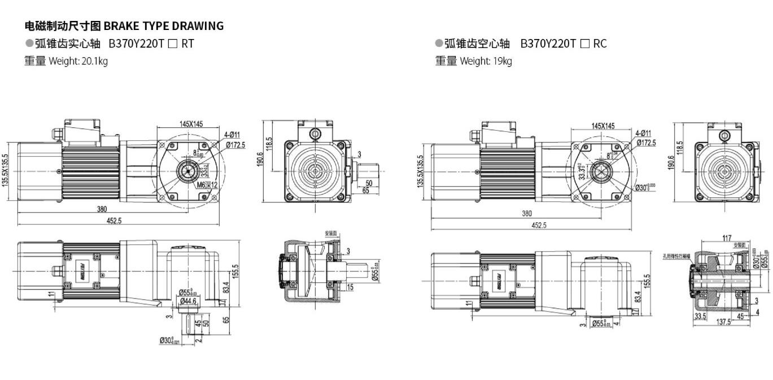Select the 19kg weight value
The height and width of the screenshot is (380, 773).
pyautogui.click(x=502, y=61)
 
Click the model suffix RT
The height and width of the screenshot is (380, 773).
pyautogui.click(x=187, y=44)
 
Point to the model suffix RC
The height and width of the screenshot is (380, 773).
pyautogui.click(x=600, y=44)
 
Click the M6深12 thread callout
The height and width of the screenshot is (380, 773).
pyautogui.click(x=207, y=184)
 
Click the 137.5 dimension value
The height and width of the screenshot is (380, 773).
pyautogui.click(x=723, y=322)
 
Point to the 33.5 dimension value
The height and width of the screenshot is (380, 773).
pyautogui.click(x=700, y=316)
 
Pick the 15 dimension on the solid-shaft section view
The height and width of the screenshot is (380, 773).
pyautogui.click(x=350, y=287)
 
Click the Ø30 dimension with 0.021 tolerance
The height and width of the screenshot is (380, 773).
pyautogui.click(x=170, y=340)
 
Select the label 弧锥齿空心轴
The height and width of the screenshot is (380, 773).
pyautogui.click(x=477, y=44)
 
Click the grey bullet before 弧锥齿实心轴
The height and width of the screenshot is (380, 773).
pyautogui.click(x=29, y=44)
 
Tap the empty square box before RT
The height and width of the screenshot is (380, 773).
pyautogui.click(x=173, y=44)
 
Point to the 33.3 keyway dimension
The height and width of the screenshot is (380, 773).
pyautogui.click(x=582, y=171)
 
